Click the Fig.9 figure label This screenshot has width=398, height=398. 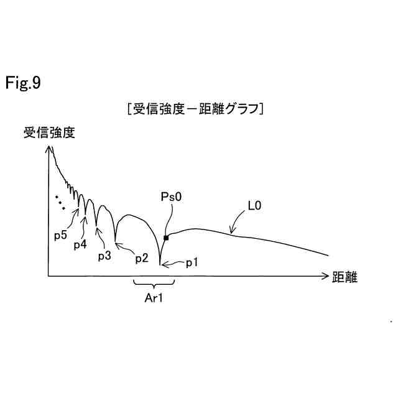pos(24,83)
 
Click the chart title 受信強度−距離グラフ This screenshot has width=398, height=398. pos(196,109)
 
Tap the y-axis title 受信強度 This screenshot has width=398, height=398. pos(49,132)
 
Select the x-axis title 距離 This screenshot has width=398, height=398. pos(345,277)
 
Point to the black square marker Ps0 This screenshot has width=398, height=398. pos(166,238)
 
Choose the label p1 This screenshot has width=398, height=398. pos(192,263)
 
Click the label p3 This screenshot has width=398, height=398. pos(104,255)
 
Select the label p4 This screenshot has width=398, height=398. pos(80,244)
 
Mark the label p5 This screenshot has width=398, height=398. pos(60,235)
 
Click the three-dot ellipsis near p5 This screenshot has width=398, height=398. pos(60,202)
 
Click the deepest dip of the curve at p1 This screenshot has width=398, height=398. pos(160,265)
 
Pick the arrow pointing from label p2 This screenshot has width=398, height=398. pos(124,246)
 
